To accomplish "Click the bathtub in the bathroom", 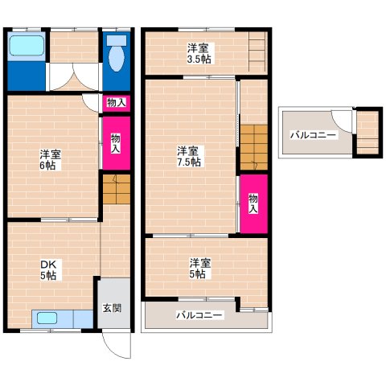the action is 27,46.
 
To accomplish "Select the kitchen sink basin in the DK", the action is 47,318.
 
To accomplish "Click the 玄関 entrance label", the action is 113,308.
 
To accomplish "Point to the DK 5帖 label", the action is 48,270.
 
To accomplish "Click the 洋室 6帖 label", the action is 50,160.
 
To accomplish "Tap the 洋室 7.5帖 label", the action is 189,156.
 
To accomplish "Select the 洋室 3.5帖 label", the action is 199,53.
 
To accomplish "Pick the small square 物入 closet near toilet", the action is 117,103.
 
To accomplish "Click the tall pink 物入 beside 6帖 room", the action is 117,143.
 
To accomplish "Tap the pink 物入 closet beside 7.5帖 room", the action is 254,203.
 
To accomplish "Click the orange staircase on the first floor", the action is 117,189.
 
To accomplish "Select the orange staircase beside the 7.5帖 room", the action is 254,147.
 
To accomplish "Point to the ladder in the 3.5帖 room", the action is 257,51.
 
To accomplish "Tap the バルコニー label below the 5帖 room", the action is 199,315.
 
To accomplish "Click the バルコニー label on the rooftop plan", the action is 313,135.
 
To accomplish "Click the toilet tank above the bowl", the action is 117,40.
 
